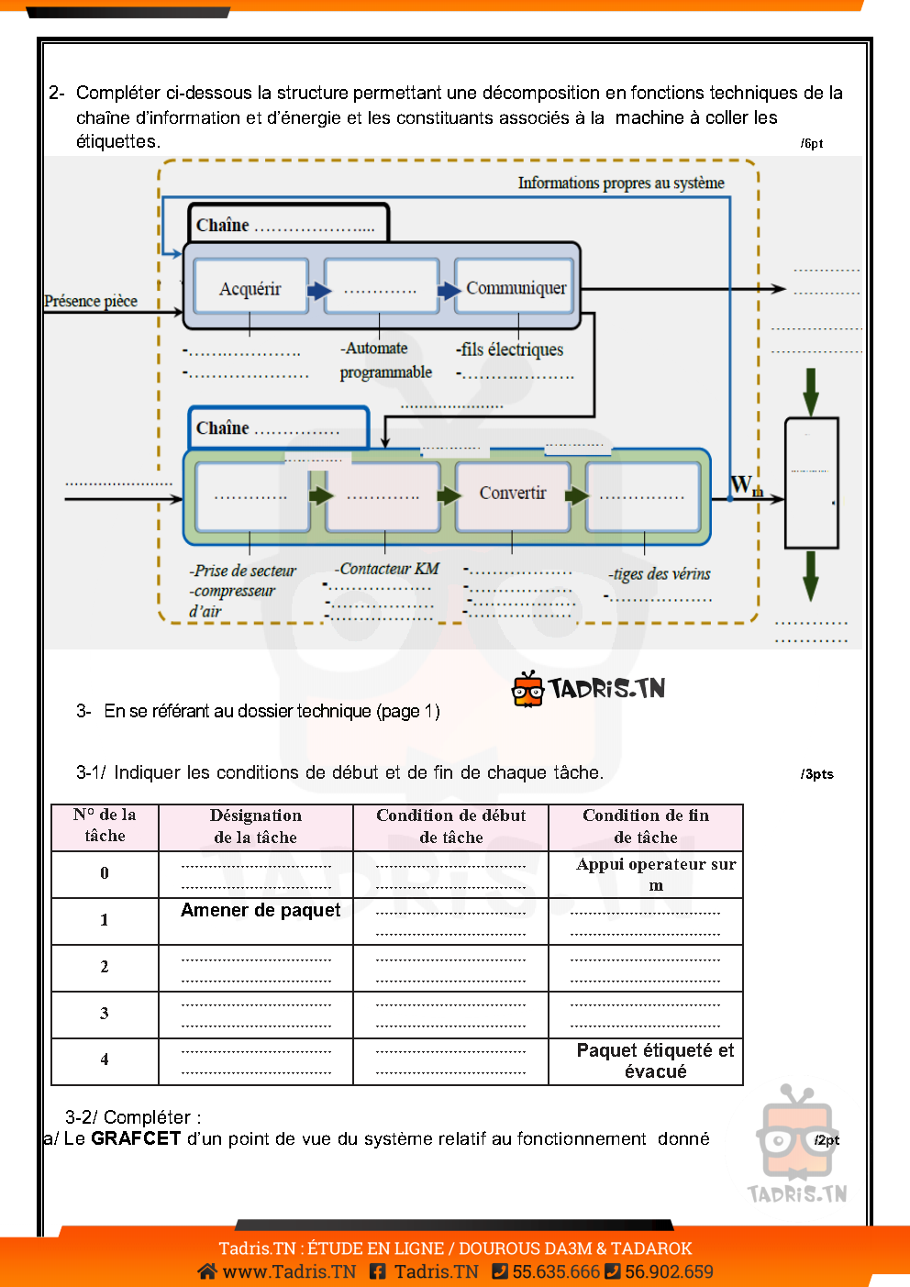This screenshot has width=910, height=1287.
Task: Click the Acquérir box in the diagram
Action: pyautogui.click(x=250, y=288)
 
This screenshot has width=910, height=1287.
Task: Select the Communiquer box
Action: pyautogui.click(x=516, y=288)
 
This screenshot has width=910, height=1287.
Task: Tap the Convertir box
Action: pyautogui.click(x=513, y=494)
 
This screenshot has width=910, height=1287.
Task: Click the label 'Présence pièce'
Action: pyautogui.click(x=91, y=301)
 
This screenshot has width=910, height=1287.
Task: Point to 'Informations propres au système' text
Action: pyautogui.click(x=621, y=183)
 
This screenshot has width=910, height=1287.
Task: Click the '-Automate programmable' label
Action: pyautogui.click(x=385, y=360)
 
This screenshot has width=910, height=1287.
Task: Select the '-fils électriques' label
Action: pyautogui.click(x=510, y=349)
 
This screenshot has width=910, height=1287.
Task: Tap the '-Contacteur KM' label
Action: pyautogui.click(x=387, y=569)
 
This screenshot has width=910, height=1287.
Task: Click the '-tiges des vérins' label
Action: pyautogui.click(x=660, y=574)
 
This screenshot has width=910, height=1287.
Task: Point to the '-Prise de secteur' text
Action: pyautogui.click(x=243, y=571)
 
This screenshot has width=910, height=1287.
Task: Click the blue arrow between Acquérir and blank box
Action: pyautogui.click(x=318, y=291)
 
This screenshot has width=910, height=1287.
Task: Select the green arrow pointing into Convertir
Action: pyautogui.click(x=449, y=495)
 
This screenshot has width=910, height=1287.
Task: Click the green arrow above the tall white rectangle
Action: pyautogui.click(x=811, y=392)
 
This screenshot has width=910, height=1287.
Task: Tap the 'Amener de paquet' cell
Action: pyautogui.click(x=261, y=910)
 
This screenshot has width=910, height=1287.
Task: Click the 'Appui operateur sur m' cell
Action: pyautogui.click(x=655, y=874)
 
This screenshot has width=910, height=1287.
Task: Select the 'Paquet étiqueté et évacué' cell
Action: pyautogui.click(x=655, y=1060)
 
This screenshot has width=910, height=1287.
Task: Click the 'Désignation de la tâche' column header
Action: pyautogui.click(x=256, y=827)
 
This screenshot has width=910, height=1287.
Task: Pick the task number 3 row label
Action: pyautogui.click(x=105, y=1014)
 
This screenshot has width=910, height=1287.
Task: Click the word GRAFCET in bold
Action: pyautogui.click(x=136, y=1138)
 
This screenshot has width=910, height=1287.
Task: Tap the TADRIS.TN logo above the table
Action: pyautogui.click(x=589, y=689)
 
